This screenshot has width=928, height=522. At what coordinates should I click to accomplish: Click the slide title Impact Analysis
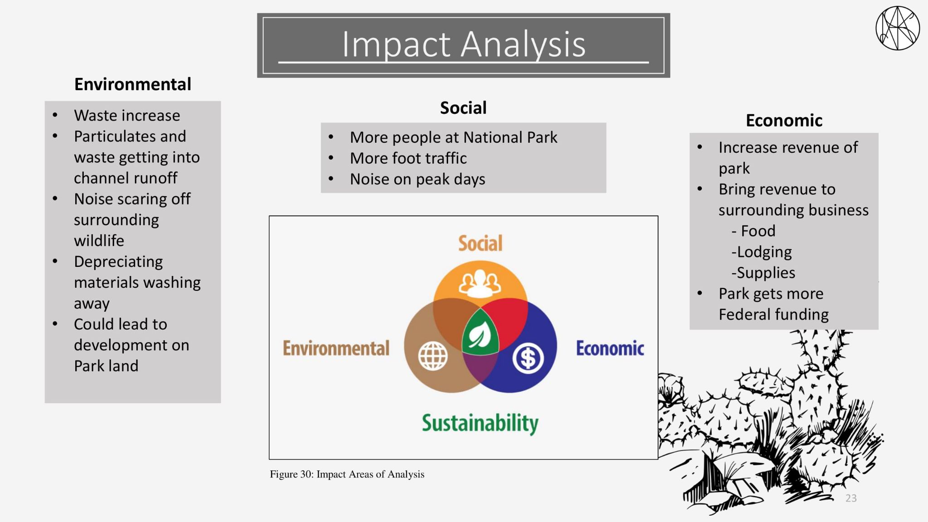pos(464,44)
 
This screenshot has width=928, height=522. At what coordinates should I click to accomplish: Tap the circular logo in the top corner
pos(897,28)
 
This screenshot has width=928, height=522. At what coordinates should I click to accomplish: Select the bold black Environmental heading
pos(133,84)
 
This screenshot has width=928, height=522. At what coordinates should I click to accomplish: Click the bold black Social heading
pos(463,108)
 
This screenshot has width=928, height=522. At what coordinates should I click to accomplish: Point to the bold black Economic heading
pos(784,121)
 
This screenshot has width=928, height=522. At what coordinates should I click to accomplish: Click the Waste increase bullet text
pos(127,116)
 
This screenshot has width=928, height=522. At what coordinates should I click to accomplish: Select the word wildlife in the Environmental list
pos(99,241)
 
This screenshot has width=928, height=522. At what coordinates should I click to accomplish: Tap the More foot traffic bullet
pos(408,158)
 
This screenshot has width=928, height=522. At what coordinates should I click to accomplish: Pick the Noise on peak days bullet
pos(417,179)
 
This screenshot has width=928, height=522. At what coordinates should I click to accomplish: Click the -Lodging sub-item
pos(762,252)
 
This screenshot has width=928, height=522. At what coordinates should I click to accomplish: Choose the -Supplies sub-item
pos(763,273)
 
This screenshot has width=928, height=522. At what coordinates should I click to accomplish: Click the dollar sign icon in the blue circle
pos(528,358)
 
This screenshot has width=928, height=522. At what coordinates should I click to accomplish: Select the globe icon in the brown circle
pos(433,356)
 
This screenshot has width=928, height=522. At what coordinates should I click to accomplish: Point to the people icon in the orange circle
pos(480,283)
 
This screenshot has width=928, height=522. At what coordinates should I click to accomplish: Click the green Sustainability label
pos(480,423)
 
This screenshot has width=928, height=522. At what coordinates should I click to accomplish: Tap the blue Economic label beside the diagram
pos(610,348)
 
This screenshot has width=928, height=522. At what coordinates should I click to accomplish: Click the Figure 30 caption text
pos(347,474)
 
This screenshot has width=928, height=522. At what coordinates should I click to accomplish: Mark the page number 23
pos(851,498)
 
